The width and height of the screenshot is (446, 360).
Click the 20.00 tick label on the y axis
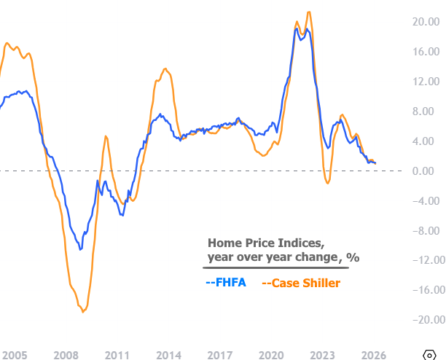tap(425, 22)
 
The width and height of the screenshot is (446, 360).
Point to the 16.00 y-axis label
tap(425, 52)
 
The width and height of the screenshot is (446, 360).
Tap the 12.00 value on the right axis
tap(425, 82)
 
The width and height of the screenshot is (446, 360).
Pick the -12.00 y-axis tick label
tap(423, 260)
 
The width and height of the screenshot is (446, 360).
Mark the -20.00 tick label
tap(423, 320)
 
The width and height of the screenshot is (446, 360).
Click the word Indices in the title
tap(294, 243)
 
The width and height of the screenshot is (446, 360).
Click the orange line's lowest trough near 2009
tap(83, 312)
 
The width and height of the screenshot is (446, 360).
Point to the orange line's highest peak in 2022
tap(309, 12)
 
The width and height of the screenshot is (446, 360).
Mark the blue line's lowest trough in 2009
tap(80, 249)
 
